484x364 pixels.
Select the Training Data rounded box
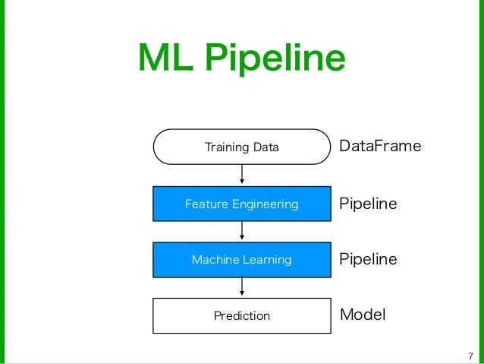pos(242,147)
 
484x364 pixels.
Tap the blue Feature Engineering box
pos(242,204)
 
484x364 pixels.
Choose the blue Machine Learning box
pos(242,260)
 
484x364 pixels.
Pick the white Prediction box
pos(242,315)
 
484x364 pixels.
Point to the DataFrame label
pos(379,146)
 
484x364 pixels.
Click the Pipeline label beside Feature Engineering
pos(368,204)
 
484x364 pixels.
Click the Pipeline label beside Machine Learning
pos(368,259)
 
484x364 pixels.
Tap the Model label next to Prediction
pos(363,315)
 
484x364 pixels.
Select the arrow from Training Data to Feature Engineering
pos(242,175)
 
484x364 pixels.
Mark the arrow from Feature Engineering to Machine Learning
pos(242,231)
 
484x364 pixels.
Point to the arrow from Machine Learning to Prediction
pos(242,286)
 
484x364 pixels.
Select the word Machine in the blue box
pos(214,260)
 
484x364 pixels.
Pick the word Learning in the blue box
pos(266,261)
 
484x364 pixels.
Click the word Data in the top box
pos(266,147)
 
